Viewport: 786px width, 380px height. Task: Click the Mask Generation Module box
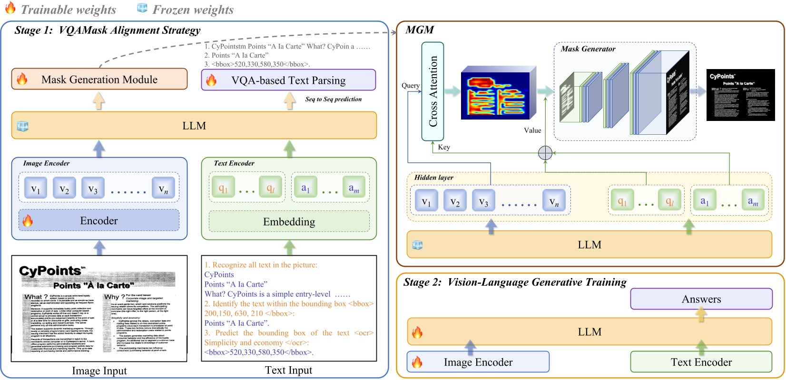click(99, 79)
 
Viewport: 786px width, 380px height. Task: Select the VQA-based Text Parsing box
click(288, 80)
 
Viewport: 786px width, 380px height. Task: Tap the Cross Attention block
click(432, 91)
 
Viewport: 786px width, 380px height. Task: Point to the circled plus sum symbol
click(545, 153)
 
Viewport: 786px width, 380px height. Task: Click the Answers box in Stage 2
click(701, 299)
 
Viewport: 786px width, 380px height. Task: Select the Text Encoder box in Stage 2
click(701, 362)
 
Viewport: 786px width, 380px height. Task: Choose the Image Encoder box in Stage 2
click(478, 362)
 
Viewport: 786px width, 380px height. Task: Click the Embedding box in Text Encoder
click(289, 221)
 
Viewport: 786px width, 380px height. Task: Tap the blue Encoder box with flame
click(99, 220)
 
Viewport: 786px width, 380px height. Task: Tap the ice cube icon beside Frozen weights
click(142, 8)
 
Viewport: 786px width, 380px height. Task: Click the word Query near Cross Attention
click(410, 86)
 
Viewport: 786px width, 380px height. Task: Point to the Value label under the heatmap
click(532, 130)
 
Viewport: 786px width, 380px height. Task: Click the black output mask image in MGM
click(740, 94)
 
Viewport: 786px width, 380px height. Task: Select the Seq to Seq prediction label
click(333, 99)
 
